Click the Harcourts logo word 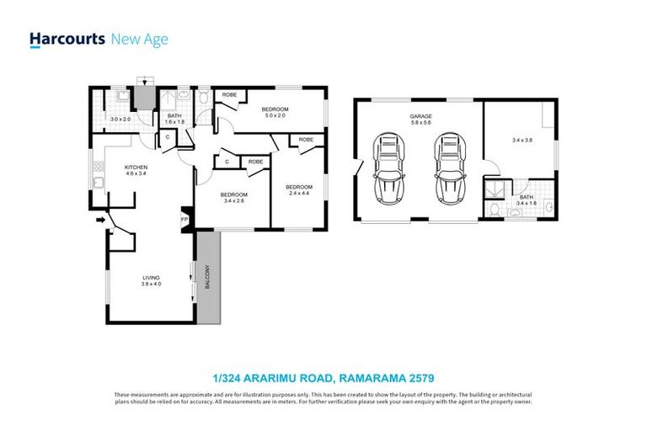(67, 39)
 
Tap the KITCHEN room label (136, 167)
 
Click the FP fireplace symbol (184, 220)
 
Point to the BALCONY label (207, 279)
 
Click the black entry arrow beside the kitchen (102, 221)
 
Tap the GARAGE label (420, 116)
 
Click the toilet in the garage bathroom (495, 205)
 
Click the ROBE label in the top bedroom (229, 96)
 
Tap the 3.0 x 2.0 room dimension (121, 120)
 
